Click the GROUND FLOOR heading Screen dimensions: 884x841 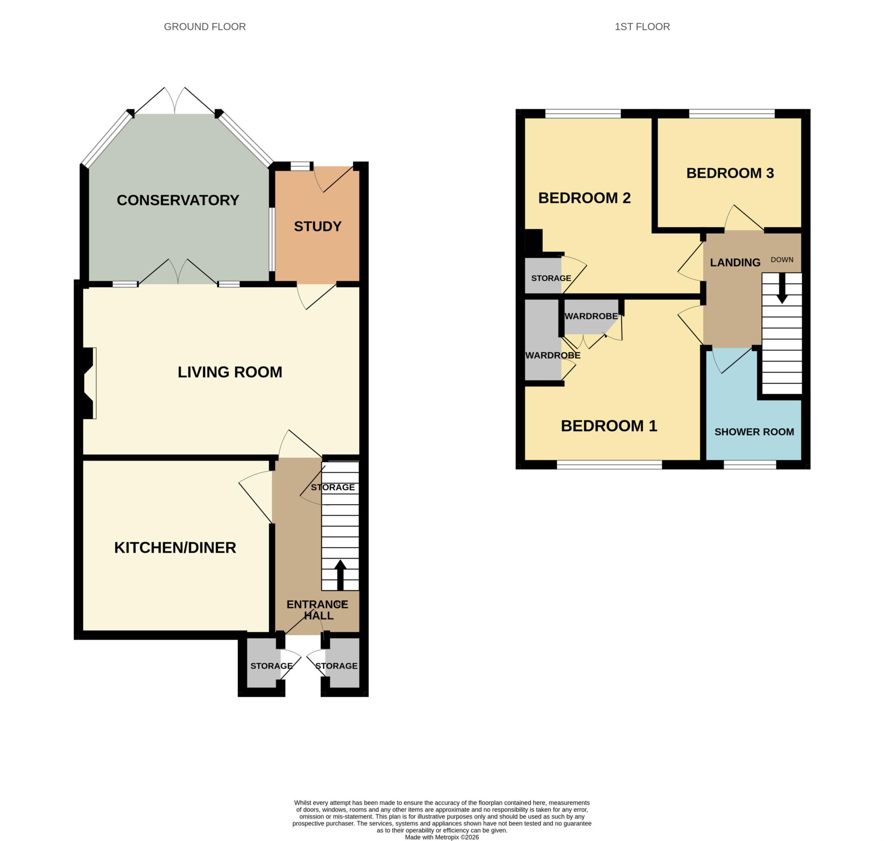tap(205, 27)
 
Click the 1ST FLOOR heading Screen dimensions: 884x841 tap(642, 27)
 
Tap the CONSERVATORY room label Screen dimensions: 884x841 tap(177, 200)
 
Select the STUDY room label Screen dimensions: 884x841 tap(317, 226)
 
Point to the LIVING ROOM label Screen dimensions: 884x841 tap(230, 372)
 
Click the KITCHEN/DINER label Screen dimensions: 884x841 tap(175, 548)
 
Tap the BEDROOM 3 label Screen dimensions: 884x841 tap(730, 173)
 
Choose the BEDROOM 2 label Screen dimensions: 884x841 tap(584, 198)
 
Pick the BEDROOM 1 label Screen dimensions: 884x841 tap(609, 426)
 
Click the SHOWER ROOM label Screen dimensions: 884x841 tap(754, 432)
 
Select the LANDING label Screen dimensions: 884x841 tap(735, 262)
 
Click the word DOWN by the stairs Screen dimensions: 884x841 tap(782, 259)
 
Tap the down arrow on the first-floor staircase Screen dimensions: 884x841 tap(782, 288)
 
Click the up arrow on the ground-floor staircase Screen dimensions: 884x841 tap(340, 575)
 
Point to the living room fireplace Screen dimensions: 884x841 tap(88, 383)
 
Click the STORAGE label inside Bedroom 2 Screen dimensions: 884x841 tap(551, 278)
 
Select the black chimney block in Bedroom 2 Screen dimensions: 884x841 tap(534, 241)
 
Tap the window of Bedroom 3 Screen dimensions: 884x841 tap(732, 114)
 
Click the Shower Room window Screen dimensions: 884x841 tap(749, 466)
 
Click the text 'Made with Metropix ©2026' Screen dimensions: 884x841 tap(442, 837)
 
